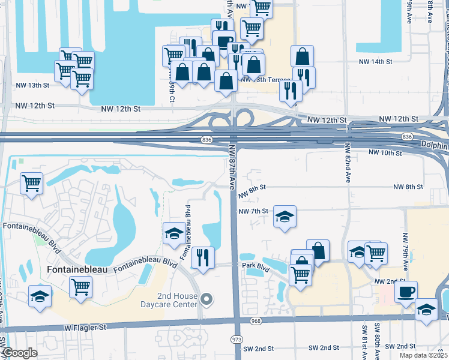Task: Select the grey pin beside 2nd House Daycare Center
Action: point(207,299)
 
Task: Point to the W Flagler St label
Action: point(86,328)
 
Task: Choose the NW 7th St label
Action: point(253,212)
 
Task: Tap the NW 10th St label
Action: point(385,153)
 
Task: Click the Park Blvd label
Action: point(254,265)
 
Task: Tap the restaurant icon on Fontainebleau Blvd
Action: point(203,258)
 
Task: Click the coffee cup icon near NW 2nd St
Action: point(405,292)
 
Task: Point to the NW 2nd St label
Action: point(387,281)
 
